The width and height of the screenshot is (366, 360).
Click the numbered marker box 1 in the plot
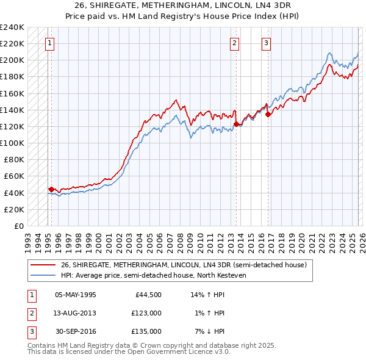click(49, 43)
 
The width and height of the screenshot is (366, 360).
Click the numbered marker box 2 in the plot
click(235, 43)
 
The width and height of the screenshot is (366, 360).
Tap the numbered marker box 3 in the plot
click(267, 43)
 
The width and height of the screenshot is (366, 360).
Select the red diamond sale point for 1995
click(51, 189)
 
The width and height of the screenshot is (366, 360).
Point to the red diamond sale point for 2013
click(235, 124)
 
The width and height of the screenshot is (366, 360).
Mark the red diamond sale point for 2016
click(268, 114)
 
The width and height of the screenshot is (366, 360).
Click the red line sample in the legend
click(43, 265)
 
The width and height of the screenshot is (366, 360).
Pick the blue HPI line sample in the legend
click(43, 275)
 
